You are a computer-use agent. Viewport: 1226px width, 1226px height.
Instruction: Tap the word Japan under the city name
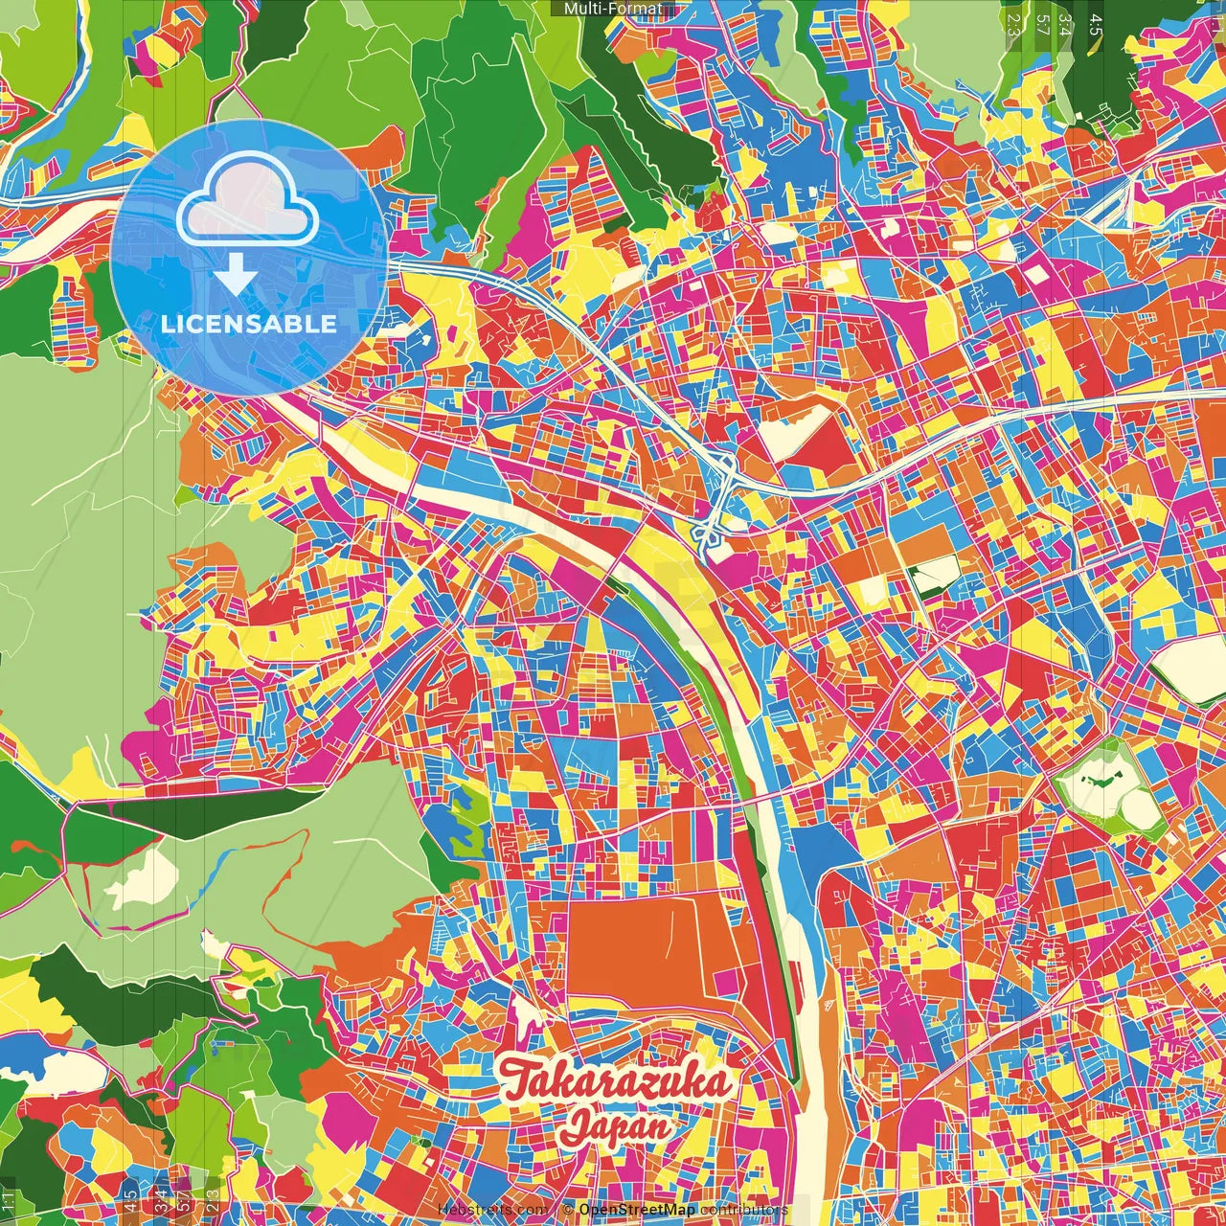pos(616,1126)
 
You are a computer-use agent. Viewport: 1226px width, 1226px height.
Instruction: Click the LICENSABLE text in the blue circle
pos(249,324)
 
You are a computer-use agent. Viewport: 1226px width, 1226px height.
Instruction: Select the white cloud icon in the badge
pos(248,198)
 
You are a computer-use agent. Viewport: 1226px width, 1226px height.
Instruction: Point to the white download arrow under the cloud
pos(236,275)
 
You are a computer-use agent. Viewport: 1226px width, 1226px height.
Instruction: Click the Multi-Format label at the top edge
pos(612,9)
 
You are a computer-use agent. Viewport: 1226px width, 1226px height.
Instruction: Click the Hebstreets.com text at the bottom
pos(493,1210)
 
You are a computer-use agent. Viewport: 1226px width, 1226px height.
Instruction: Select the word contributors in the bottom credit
pos(743,1210)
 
